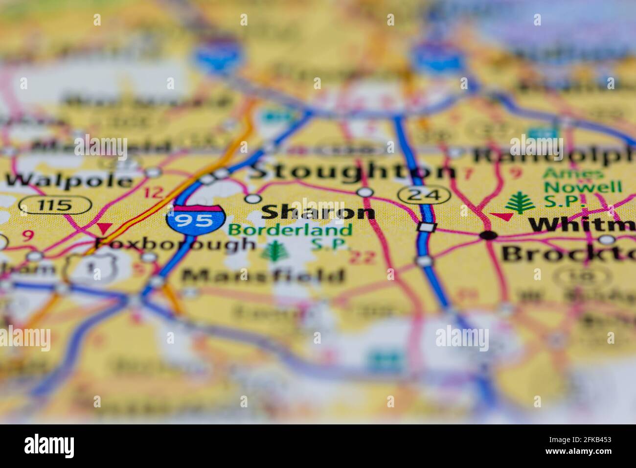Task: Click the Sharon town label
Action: click(x=318, y=212)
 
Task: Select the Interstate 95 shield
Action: click(x=195, y=219)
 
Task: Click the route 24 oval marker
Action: click(x=424, y=194)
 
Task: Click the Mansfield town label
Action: click(x=263, y=276)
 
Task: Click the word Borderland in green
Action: click(x=291, y=229)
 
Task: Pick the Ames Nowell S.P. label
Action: click(x=582, y=187)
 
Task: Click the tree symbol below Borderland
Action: click(x=272, y=250)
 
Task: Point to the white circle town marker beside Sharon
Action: click(x=252, y=198)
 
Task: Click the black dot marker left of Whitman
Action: click(x=488, y=235)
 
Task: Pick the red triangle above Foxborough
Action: click(x=104, y=228)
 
